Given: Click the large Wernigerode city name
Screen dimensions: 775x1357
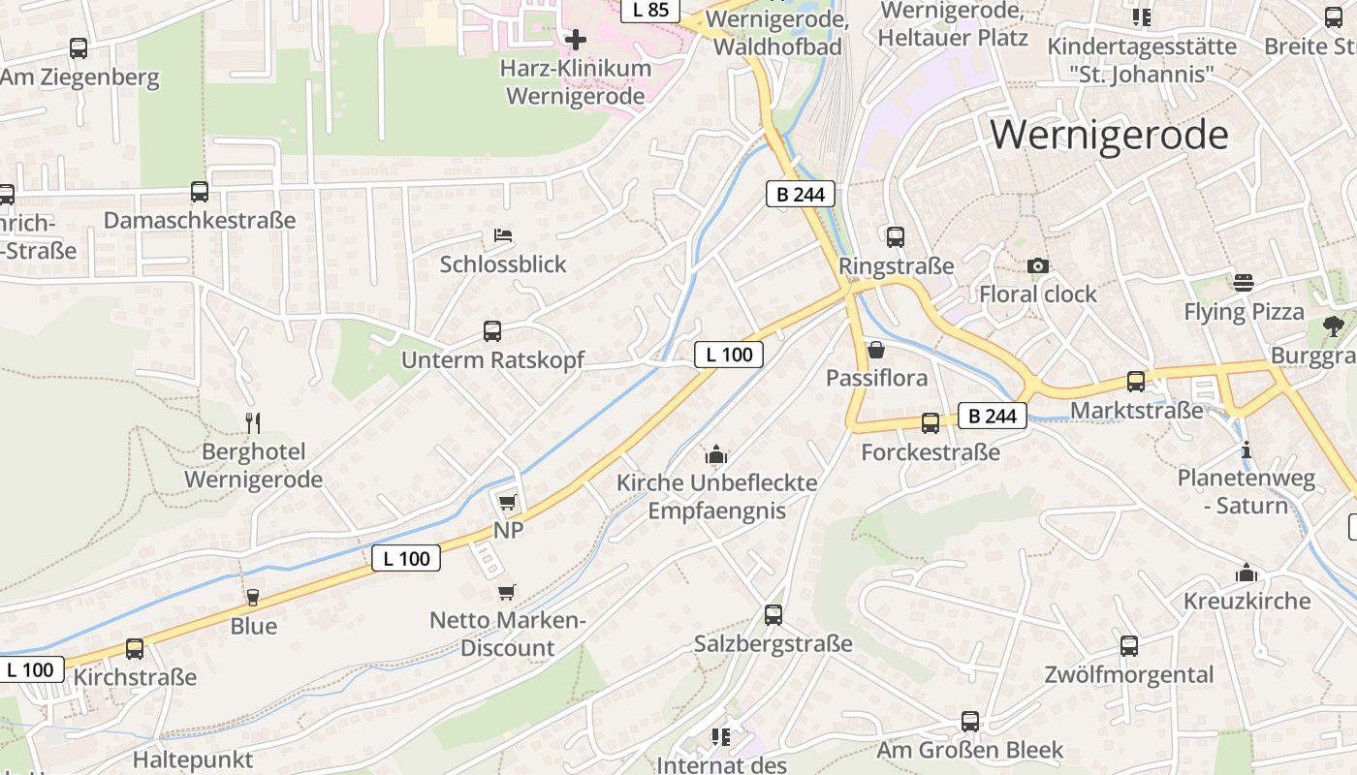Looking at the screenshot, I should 1109,134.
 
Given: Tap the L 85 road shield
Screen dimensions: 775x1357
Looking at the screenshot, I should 649,10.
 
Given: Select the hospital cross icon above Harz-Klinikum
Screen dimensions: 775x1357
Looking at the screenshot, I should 576,40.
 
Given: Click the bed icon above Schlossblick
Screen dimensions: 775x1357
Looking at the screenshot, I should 502,235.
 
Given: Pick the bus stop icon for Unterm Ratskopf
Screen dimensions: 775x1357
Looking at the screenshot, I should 492,331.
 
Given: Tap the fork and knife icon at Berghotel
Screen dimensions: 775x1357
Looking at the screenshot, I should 253,422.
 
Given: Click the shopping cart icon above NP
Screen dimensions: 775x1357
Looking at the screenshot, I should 507,502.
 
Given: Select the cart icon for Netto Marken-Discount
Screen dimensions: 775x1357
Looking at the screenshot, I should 506,592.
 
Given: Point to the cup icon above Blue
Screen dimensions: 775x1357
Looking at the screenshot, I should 253,597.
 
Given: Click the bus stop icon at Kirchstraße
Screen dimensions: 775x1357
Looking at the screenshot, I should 135,649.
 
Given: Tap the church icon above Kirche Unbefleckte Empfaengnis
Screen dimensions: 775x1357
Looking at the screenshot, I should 716,453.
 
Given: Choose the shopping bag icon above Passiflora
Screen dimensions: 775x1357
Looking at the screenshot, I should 876,350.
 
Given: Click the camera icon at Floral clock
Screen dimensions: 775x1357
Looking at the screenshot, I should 1037,265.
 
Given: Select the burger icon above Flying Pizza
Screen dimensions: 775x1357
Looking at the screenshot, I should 1244,283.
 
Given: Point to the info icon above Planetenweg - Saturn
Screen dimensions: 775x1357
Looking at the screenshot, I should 1247,450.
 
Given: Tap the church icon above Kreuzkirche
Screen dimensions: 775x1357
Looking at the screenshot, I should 1247,573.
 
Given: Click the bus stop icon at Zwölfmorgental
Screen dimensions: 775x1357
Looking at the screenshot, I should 1129,646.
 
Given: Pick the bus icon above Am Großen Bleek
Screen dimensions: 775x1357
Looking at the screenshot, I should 970,722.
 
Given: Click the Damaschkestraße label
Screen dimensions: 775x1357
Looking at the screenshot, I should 200,220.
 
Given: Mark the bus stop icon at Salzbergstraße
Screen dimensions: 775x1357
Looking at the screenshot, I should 773,615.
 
